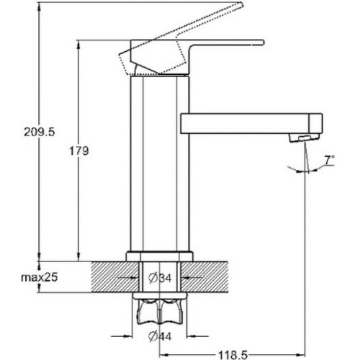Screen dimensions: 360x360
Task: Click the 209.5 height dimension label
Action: coord(40,132)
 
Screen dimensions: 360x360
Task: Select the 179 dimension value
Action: coord(79,151)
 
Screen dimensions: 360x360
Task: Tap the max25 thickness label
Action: coord(40,277)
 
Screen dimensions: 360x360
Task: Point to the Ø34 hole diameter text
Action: coord(160,278)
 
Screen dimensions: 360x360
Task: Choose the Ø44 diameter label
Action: coord(160,336)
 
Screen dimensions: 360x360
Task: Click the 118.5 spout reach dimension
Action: coord(233,355)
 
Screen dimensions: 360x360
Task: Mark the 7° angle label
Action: coord(329,160)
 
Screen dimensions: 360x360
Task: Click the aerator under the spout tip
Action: coord(305,138)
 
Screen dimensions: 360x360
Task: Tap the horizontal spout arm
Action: coord(251,123)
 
